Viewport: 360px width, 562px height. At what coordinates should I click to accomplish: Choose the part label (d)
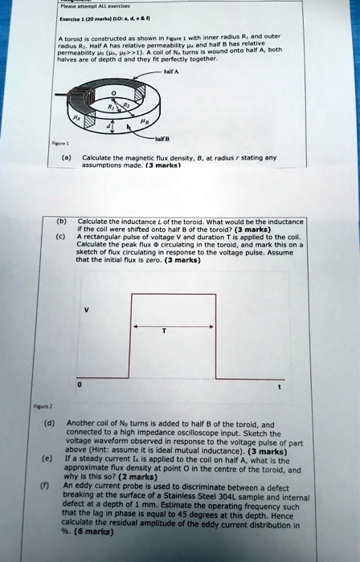49,422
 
